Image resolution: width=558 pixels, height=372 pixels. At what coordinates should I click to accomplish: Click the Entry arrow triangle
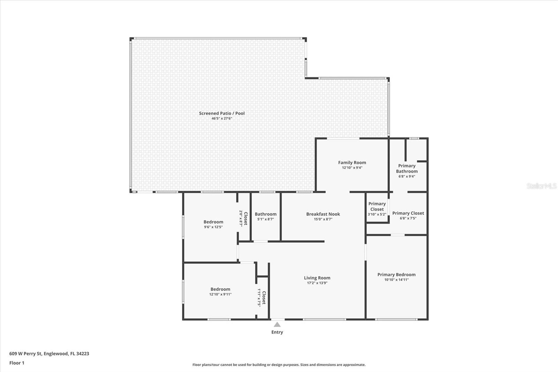click(277, 325)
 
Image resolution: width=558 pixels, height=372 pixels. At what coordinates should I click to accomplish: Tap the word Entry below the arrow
click(277, 332)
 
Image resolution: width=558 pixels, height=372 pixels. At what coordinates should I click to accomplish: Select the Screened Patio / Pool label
click(222, 113)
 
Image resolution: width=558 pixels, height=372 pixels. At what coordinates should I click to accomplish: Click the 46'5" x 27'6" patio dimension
click(222, 119)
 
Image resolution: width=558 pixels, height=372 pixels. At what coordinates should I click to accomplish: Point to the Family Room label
click(352, 162)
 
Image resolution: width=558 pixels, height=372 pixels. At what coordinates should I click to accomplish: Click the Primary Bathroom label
click(407, 169)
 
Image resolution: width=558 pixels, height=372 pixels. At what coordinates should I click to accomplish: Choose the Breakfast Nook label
click(323, 214)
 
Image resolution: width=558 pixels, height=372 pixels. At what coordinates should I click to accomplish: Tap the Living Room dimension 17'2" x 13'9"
click(317, 283)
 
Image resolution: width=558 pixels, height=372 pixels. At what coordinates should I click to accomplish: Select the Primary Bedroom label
click(396, 275)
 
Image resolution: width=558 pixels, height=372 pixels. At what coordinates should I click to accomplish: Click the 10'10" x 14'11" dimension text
click(396, 280)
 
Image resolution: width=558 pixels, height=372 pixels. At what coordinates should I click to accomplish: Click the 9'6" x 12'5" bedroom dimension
click(213, 227)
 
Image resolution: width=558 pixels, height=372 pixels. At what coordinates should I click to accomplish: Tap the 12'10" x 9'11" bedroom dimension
click(220, 295)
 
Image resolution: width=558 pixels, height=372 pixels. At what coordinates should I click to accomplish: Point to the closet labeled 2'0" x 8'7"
click(243, 218)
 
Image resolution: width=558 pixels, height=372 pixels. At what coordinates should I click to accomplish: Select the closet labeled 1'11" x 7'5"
click(262, 298)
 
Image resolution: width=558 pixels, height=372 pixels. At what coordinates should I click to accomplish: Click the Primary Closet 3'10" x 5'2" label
click(377, 209)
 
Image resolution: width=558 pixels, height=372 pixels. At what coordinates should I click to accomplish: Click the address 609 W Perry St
click(49, 354)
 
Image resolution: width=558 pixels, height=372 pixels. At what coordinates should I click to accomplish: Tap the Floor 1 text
click(17, 363)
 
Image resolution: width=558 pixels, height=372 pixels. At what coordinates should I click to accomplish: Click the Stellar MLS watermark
click(541, 186)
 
